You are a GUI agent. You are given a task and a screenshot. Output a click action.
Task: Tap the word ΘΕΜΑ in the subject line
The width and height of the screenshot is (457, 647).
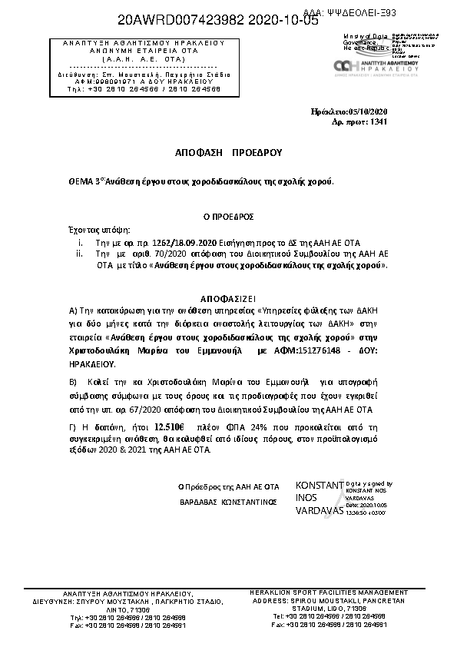81,182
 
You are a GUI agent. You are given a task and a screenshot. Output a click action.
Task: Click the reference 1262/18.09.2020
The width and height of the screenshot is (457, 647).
184,241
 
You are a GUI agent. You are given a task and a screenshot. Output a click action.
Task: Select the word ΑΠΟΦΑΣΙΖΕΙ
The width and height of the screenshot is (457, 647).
227,296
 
